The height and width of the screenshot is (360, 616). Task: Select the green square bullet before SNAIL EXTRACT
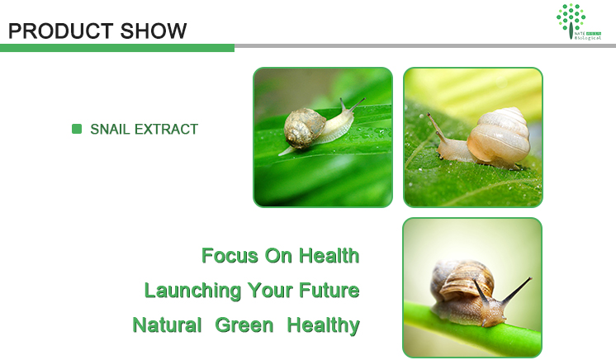tap(77, 129)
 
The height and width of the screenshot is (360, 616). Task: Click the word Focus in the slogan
tap(229, 256)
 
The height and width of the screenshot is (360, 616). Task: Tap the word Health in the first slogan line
tap(328, 256)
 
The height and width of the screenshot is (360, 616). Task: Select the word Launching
tap(192, 291)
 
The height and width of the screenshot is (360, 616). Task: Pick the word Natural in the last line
tap(167, 325)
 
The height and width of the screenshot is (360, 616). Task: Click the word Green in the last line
tap(244, 325)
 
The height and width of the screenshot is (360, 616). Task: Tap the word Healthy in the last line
tap(323, 325)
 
